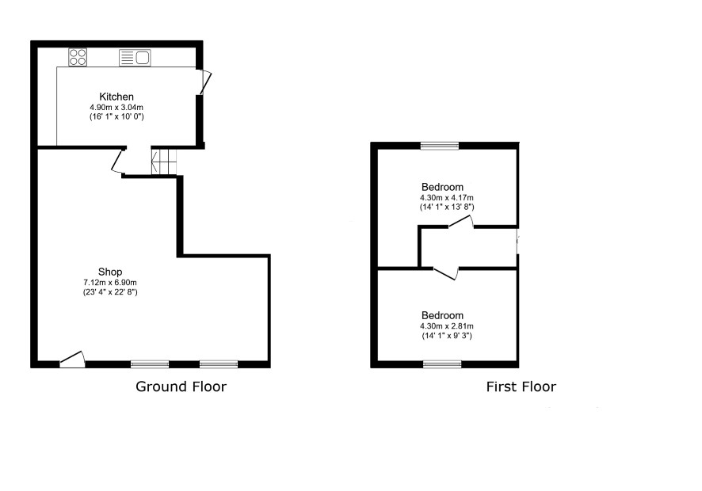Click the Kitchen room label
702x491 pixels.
pos(116,97)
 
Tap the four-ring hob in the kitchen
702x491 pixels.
pos(78,57)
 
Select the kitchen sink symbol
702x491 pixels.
pos(135,58)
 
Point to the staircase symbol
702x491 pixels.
pos(164,162)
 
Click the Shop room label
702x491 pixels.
pos(110,272)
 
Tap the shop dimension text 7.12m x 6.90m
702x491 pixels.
pos(110,283)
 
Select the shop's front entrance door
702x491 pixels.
pos(72,360)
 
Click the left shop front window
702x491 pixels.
pos(150,364)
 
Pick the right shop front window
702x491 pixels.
pos(219,364)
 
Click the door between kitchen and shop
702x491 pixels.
pos(118,161)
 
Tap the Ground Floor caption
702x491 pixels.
pos(181,386)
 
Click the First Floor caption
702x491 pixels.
pos(521,386)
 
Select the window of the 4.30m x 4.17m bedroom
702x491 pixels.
pos(440,146)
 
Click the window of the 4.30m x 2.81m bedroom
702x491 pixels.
pos(442,364)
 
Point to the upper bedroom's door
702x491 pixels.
pos(461,222)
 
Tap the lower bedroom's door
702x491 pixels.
pos(446,274)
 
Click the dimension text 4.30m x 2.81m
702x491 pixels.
pos(447,326)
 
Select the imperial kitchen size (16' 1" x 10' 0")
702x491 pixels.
pos(116,117)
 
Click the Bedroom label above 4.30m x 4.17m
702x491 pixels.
pos(442,187)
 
